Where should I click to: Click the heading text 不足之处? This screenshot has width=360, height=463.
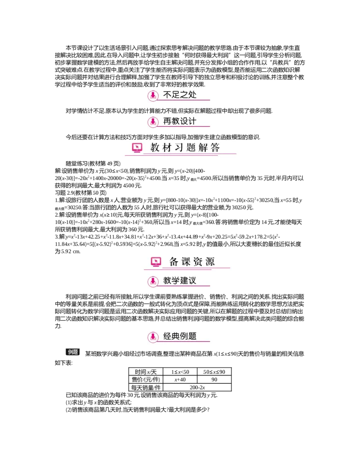180,95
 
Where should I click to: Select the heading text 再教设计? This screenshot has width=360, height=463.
180,121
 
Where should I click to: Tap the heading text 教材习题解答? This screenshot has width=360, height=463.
185,148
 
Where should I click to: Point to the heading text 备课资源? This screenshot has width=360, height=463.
192,262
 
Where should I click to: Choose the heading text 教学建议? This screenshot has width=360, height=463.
180,281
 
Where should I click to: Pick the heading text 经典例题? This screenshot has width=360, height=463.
180,336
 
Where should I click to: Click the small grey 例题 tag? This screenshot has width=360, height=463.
73,352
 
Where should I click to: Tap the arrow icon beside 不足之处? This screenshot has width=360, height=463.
153,95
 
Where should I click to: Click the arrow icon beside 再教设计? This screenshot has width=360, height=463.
153,122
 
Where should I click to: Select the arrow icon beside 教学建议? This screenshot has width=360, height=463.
153,281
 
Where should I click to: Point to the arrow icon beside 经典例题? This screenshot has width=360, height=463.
153,336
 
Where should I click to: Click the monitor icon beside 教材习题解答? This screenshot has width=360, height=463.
137,148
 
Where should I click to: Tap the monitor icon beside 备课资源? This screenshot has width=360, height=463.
156,262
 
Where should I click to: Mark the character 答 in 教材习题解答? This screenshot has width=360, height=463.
215,148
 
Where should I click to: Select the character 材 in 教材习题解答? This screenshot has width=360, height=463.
167,148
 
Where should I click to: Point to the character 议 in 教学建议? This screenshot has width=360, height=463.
192,281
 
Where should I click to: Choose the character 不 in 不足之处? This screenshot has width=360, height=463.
167,95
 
